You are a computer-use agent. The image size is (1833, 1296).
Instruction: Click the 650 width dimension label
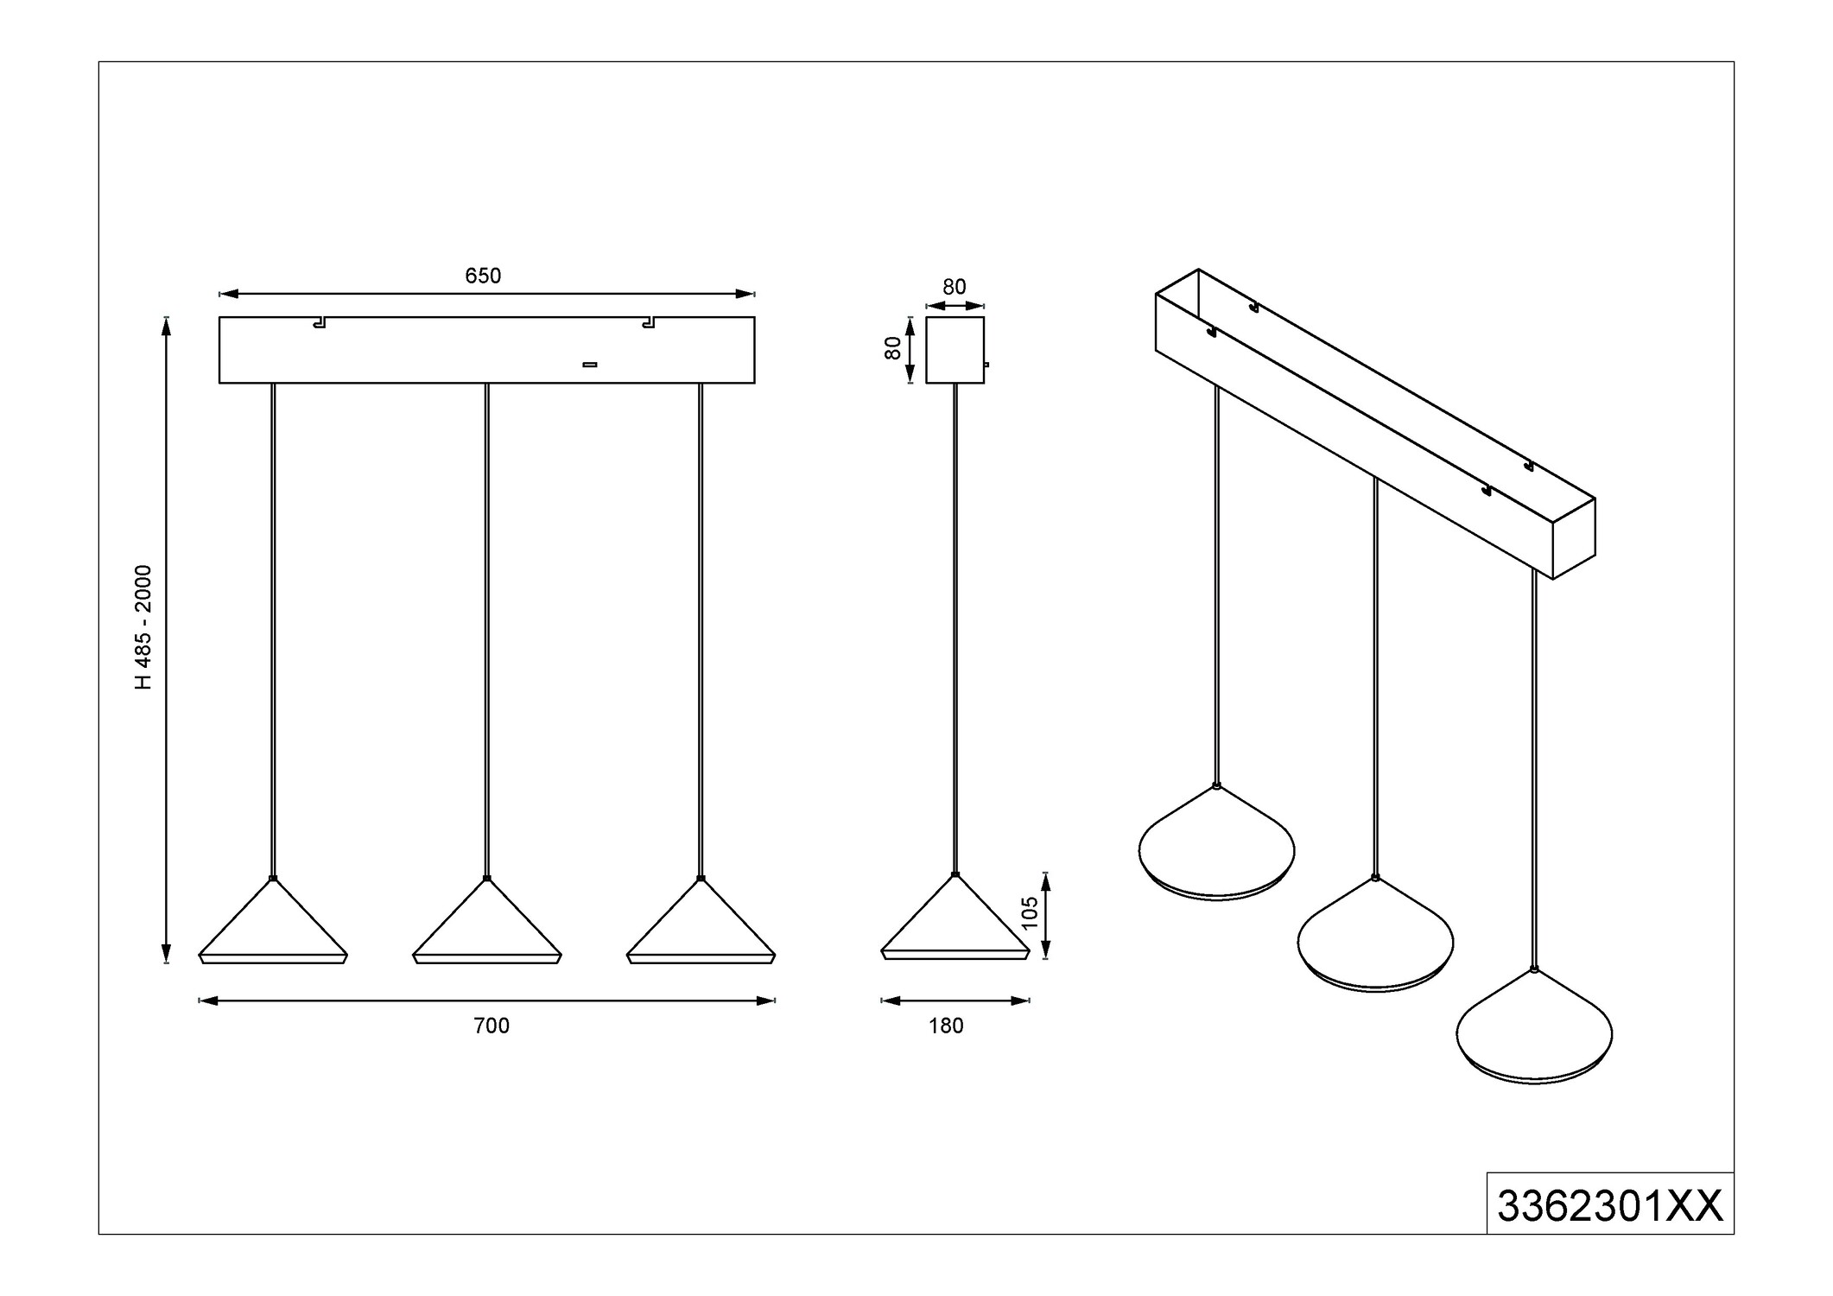pos(483,276)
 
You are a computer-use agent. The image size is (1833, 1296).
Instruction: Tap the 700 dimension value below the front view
pos(492,1026)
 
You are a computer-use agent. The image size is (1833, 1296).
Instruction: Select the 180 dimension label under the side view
pos(946,1026)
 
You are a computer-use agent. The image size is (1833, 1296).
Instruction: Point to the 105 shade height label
pos(1029,913)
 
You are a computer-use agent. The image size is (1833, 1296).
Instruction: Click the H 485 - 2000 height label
pos(143,627)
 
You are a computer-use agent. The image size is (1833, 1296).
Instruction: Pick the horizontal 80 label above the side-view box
pos(955,287)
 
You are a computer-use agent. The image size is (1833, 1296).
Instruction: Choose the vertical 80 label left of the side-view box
pos(893,348)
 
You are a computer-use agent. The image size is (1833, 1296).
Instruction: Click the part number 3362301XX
pos(1609,1206)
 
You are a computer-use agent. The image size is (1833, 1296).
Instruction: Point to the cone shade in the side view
pos(955,917)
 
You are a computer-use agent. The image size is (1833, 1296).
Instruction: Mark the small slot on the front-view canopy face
pos(590,365)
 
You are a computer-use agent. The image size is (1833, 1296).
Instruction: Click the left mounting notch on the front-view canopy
pos(320,323)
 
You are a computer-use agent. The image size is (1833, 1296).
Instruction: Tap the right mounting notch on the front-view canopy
pos(648,323)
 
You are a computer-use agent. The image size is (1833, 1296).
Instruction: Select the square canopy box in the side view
pos(955,350)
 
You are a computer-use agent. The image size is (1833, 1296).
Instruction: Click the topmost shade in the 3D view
pos(1216,842)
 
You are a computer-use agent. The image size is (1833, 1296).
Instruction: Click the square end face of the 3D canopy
pos(1574,538)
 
